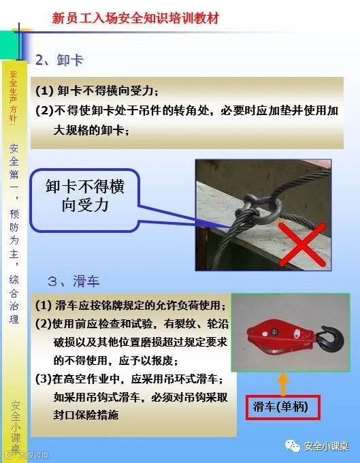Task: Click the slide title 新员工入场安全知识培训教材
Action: point(135,18)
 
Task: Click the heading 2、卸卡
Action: point(59,60)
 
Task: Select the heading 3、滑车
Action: point(73,281)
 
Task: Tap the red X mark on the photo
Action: point(302,244)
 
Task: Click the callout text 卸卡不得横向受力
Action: point(85,195)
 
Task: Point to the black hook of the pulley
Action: point(330,338)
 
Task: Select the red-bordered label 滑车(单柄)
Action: point(282,407)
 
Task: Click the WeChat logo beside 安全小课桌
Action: point(292,445)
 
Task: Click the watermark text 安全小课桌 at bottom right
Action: point(327,446)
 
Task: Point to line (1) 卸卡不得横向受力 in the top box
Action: point(97,91)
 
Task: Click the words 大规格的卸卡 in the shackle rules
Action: point(88,130)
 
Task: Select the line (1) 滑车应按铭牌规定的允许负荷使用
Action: point(131,305)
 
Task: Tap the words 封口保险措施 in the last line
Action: point(86,415)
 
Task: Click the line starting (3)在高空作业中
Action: point(129,379)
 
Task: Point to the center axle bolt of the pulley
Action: point(274,332)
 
